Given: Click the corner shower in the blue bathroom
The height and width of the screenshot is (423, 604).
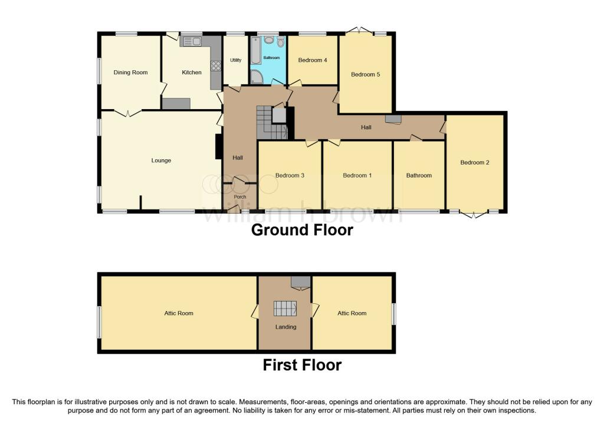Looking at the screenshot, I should pos(257,77).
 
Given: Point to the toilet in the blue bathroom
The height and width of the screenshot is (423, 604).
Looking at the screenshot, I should pos(280,41).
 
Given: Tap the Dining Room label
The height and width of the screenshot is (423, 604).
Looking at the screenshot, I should pos(130,73).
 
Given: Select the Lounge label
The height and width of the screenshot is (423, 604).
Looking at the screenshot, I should pos(161,160).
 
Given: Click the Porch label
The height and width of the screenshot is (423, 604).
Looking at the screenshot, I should pos(240,197).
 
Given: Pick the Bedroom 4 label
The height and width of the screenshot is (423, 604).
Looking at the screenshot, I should pos(312,60).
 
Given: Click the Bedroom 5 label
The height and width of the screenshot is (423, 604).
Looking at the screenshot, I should pos(365,74).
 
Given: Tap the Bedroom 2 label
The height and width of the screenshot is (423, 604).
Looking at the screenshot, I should pos(475,162).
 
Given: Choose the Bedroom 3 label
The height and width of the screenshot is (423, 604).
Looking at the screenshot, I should pos(290,175).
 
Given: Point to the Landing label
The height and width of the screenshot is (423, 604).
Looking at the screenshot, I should pos(285,327).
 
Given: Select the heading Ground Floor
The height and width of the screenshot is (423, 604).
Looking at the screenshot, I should pos(302,230).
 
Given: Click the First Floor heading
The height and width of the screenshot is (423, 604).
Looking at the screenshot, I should pos(302,365).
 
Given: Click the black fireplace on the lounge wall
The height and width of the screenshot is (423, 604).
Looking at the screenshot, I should pos(218,146).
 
